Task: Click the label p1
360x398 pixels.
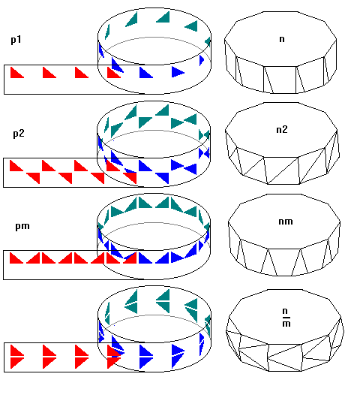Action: point(16,40)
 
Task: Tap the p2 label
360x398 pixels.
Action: point(19,134)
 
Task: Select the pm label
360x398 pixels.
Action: point(22,226)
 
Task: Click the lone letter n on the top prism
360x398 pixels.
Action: point(282,39)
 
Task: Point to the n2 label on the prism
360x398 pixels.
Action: point(282,130)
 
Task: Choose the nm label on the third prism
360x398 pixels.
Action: point(286,222)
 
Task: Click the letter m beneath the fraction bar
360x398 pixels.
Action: point(286,324)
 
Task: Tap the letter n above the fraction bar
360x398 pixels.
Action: point(285,311)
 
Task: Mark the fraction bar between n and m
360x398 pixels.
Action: point(286,318)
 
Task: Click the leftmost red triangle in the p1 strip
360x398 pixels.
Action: point(16,73)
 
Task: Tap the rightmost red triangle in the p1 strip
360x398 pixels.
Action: point(112,73)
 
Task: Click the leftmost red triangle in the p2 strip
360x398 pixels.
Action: point(15,165)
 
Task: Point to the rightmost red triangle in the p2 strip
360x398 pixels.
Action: point(131,178)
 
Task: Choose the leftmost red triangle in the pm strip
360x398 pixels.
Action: point(15,258)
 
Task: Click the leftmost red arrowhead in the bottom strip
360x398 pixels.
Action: point(16,357)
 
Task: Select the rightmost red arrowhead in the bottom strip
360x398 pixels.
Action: point(112,357)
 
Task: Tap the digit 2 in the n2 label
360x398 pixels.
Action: point(285,129)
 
